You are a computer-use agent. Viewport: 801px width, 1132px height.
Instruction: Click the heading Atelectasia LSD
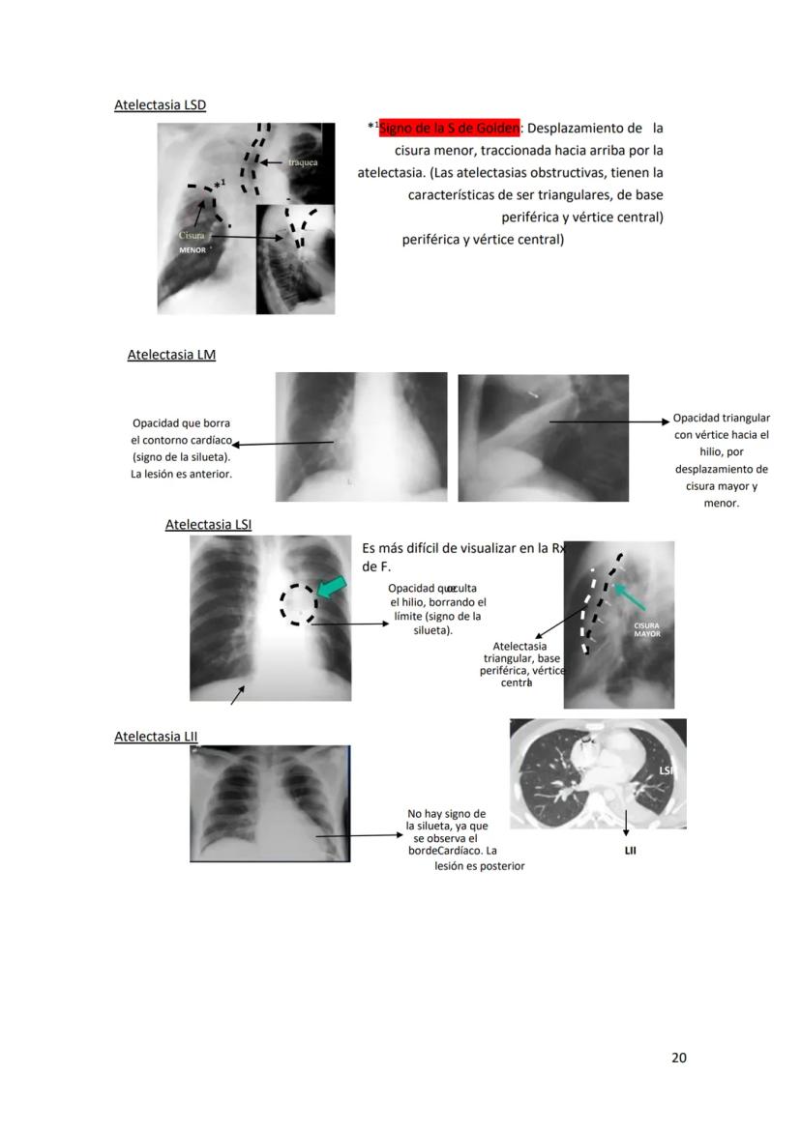pos(160,104)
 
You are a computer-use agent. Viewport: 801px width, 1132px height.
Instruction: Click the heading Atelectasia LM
pos(171,355)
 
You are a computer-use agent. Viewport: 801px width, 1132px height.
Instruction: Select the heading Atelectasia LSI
pos(208,525)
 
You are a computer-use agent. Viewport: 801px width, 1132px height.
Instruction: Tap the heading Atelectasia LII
pos(156,737)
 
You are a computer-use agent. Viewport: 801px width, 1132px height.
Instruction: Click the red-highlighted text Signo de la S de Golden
pos(450,129)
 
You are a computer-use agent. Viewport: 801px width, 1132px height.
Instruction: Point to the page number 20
pos(678,1058)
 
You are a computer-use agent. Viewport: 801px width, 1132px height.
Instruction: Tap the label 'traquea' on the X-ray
pos(303,162)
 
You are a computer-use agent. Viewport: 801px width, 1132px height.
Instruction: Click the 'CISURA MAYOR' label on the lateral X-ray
pos(647,629)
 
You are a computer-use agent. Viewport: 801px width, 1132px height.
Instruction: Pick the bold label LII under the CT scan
pos(630,852)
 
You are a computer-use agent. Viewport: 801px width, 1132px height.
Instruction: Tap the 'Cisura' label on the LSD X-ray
pos(193,235)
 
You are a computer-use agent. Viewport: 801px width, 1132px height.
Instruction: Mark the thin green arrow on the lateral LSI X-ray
pos(630,595)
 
